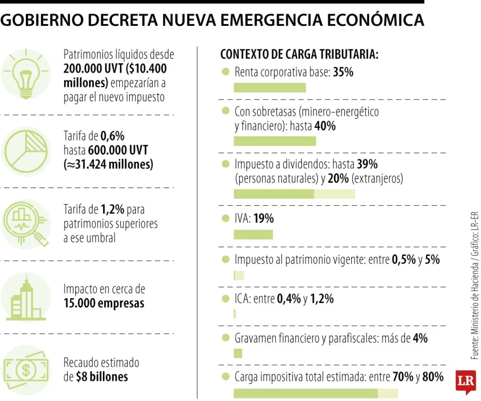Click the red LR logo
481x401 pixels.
pyautogui.click(x=466, y=381)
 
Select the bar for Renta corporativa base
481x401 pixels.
pyautogui.click(x=270, y=87)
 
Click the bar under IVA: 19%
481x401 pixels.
pyautogui.click(x=253, y=234)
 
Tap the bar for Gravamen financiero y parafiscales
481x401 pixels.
pyautogui.click(x=238, y=353)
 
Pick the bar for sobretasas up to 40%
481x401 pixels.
pyautogui.click(x=275, y=141)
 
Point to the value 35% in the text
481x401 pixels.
pyautogui.click(x=343, y=72)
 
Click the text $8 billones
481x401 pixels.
pyautogui.click(x=101, y=377)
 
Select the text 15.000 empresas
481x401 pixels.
pyautogui.click(x=104, y=303)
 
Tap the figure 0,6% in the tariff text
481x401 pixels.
pyautogui.click(x=113, y=136)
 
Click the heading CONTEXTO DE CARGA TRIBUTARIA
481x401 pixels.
pyautogui.click(x=299, y=55)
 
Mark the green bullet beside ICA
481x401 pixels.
pyautogui.click(x=225, y=299)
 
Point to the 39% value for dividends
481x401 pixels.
pyautogui.click(x=367, y=164)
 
